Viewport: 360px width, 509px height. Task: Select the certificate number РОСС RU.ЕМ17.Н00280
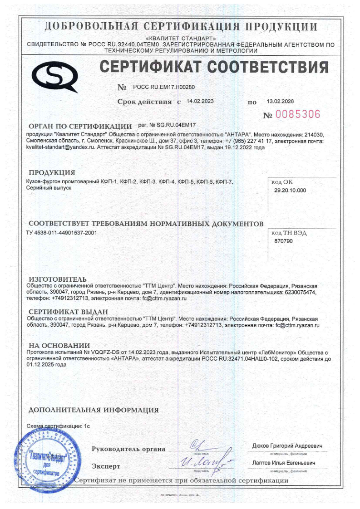pos(164,86)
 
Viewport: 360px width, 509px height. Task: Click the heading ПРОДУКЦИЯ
pos(52,173)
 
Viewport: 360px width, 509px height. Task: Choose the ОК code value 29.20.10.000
pos(290,190)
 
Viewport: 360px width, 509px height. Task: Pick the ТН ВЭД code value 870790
pos(283,241)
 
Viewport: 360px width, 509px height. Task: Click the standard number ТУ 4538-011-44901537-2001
pos(62,233)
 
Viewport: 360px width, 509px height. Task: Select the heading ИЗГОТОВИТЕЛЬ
pos(57,279)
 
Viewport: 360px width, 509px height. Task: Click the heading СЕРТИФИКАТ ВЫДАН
pos(68,312)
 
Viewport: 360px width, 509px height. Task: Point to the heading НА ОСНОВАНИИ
pos(59,345)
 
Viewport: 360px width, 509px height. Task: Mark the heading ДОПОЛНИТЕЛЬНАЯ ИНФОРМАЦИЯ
pos(94,410)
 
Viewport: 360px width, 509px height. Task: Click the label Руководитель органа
pos(128,449)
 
